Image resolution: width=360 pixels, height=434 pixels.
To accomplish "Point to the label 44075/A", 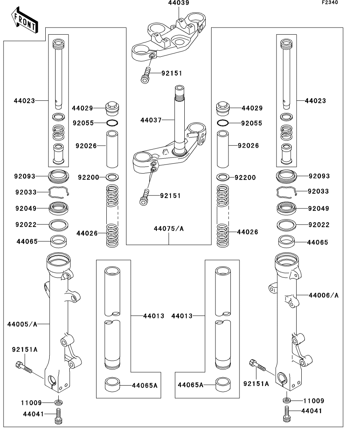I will tap(169, 229).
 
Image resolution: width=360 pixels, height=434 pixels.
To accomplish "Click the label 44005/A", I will tap(22, 324).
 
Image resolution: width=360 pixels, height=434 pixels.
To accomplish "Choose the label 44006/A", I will tap(324, 295).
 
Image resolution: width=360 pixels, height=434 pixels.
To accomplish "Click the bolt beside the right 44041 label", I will tap(286, 414).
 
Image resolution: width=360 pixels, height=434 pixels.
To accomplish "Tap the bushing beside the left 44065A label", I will tap(113, 385).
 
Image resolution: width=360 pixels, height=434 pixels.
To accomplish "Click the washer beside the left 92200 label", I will tap(112, 176).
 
